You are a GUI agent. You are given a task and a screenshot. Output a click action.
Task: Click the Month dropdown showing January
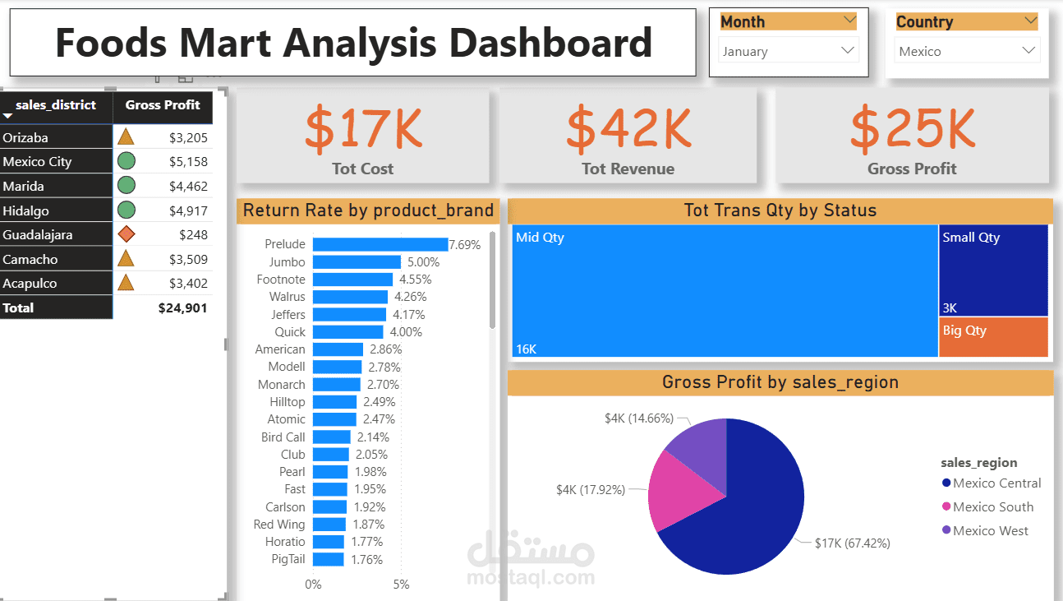pyautogui.click(x=788, y=51)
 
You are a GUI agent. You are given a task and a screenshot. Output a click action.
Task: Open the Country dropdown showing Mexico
pyautogui.click(x=966, y=51)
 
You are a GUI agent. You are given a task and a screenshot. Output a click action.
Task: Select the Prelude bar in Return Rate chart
pyautogui.click(x=380, y=244)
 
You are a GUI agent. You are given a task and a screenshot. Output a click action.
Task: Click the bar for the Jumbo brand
pyautogui.click(x=357, y=262)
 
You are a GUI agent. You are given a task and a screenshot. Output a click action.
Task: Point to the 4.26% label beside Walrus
pyautogui.click(x=410, y=297)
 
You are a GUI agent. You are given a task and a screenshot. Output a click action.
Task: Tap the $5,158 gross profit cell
pyautogui.click(x=188, y=162)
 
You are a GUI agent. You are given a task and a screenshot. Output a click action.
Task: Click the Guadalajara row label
pyautogui.click(x=38, y=235)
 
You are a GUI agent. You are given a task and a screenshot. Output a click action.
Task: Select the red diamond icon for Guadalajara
pyautogui.click(x=126, y=235)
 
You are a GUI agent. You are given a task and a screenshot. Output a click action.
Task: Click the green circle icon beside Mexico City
pyautogui.click(x=126, y=162)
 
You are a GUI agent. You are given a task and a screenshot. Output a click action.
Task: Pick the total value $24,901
pyautogui.click(x=182, y=308)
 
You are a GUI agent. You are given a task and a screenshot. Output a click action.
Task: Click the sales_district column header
pyautogui.click(x=55, y=105)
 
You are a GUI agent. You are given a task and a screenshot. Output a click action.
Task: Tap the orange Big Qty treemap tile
pyautogui.click(x=993, y=337)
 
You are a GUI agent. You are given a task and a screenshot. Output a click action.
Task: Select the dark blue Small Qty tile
pyautogui.click(x=993, y=271)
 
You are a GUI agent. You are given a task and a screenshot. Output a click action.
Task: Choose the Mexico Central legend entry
pyautogui.click(x=996, y=483)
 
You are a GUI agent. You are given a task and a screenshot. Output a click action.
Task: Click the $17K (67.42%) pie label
pyautogui.click(x=852, y=543)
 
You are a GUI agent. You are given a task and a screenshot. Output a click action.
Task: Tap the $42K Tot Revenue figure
pyautogui.click(x=628, y=128)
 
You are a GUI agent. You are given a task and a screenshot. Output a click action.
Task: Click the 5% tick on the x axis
pyautogui.click(x=401, y=585)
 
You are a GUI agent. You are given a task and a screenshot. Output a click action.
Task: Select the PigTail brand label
pyautogui.click(x=288, y=559)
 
